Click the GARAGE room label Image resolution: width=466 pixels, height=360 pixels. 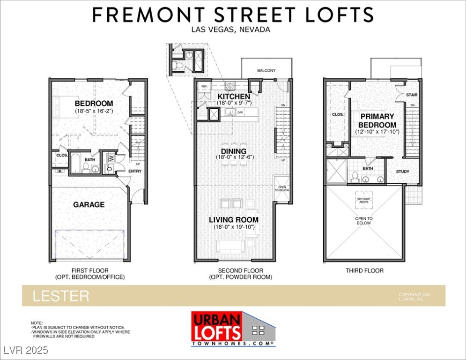point(89,204)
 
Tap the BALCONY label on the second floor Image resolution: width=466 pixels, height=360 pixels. point(266,71)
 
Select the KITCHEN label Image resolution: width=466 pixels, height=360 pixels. point(234,97)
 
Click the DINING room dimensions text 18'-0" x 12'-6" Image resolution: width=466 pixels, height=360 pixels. point(234,157)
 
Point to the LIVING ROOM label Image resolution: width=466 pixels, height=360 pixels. point(234,220)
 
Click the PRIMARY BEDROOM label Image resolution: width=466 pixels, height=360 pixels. point(377,120)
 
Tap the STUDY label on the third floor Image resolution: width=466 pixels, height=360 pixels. point(402,172)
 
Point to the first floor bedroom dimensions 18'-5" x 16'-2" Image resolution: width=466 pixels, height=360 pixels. point(94,111)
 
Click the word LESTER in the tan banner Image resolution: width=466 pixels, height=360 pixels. point(60,296)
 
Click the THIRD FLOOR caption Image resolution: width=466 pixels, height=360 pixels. point(364,270)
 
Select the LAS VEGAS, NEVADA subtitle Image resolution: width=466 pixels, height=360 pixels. point(231,29)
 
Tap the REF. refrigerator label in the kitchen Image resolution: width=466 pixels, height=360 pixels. point(204,87)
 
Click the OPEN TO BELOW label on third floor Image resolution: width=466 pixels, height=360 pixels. point(364,221)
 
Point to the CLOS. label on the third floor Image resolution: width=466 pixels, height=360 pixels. point(338,114)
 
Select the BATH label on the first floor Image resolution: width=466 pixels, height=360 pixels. point(89,160)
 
